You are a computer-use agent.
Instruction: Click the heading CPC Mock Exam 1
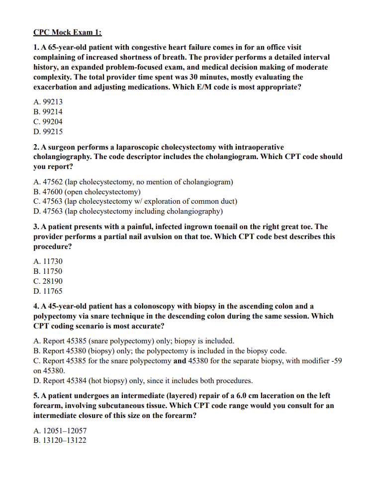(67, 32)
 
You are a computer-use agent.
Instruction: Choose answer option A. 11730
(48, 261)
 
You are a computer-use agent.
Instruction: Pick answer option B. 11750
(48, 271)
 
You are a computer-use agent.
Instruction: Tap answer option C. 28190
(48, 281)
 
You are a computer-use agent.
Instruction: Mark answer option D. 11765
(48, 291)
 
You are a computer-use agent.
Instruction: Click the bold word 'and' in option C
(180, 361)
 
